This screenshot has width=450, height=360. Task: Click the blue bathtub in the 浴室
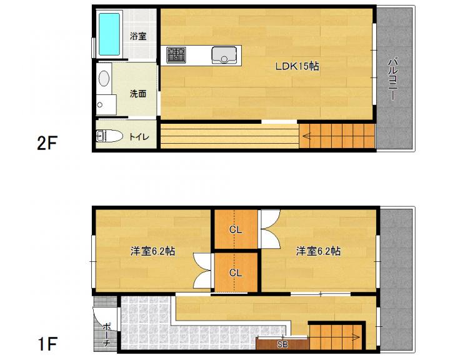coord(109,34)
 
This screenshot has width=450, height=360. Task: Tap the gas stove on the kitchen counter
coord(176,55)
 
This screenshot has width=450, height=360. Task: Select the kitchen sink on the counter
coord(224,55)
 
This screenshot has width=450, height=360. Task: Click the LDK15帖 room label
coord(297,66)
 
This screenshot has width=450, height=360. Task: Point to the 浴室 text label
coord(138,36)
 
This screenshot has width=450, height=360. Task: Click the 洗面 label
coord(138,94)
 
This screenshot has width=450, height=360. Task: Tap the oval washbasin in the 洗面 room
coord(104,78)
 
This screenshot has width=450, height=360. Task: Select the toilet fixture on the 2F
coord(109,136)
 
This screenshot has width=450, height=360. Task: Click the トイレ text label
coord(139,137)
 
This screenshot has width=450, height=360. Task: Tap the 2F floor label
coord(47,143)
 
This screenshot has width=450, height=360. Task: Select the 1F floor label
coord(47,344)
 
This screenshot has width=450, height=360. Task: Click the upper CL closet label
coord(236,229)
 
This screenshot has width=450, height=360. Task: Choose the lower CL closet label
coord(236,272)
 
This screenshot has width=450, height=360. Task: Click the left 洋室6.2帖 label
coord(152,251)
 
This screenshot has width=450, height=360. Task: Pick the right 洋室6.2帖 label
coord(319,251)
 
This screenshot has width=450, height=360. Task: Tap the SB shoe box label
coord(282,344)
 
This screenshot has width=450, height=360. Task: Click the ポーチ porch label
coord(106,335)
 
